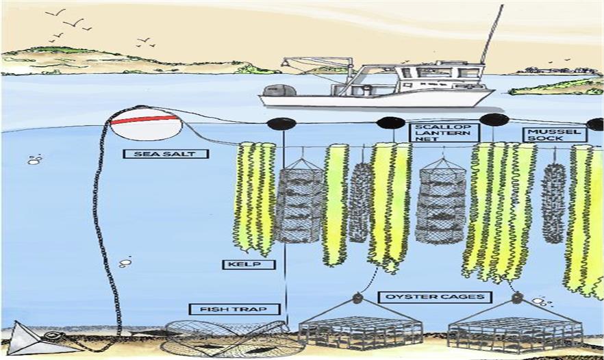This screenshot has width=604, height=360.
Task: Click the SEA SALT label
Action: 165,153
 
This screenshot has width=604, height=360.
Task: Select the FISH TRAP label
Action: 234,309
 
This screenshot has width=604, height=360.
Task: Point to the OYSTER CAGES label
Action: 434,297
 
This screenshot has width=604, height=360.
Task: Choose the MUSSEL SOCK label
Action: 555,134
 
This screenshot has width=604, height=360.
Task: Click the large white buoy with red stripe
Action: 146,124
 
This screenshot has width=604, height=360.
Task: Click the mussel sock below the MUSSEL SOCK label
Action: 553,203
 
